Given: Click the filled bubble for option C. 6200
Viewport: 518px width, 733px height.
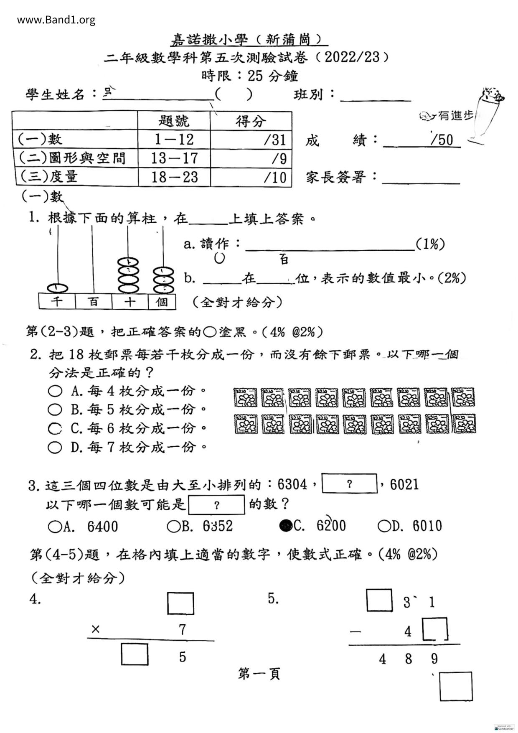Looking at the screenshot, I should coord(286,525).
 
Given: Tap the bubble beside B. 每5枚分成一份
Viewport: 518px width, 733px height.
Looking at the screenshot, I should coord(54,410).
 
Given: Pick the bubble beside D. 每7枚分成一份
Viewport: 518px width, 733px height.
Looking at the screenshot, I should coord(54,448).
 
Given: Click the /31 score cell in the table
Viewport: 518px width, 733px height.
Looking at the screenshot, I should coord(251,140).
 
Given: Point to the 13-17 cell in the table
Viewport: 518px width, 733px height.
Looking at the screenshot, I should coord(174,158).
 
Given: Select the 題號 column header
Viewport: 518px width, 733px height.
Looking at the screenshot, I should coord(174,121).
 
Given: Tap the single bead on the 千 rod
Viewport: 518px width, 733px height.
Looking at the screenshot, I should coord(57,288).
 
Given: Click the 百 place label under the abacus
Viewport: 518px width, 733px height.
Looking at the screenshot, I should coord(94,301).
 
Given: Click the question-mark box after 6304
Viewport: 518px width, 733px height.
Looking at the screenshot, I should coord(350,484).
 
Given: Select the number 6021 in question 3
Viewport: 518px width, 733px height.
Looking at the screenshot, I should coord(404,484).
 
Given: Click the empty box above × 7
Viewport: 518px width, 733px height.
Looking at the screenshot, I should coord(180,603).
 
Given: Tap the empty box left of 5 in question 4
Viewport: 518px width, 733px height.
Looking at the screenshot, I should coord(135,654).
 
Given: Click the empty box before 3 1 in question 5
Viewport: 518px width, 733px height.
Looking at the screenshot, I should coord(379,600).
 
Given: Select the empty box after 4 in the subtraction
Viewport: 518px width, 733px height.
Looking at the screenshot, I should coord(435,629).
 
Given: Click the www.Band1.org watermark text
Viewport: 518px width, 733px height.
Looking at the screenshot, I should coord(56,20).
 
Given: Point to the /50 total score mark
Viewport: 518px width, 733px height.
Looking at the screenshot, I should coord(442,140).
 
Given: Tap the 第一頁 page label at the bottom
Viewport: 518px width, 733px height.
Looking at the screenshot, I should coord(259,674).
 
